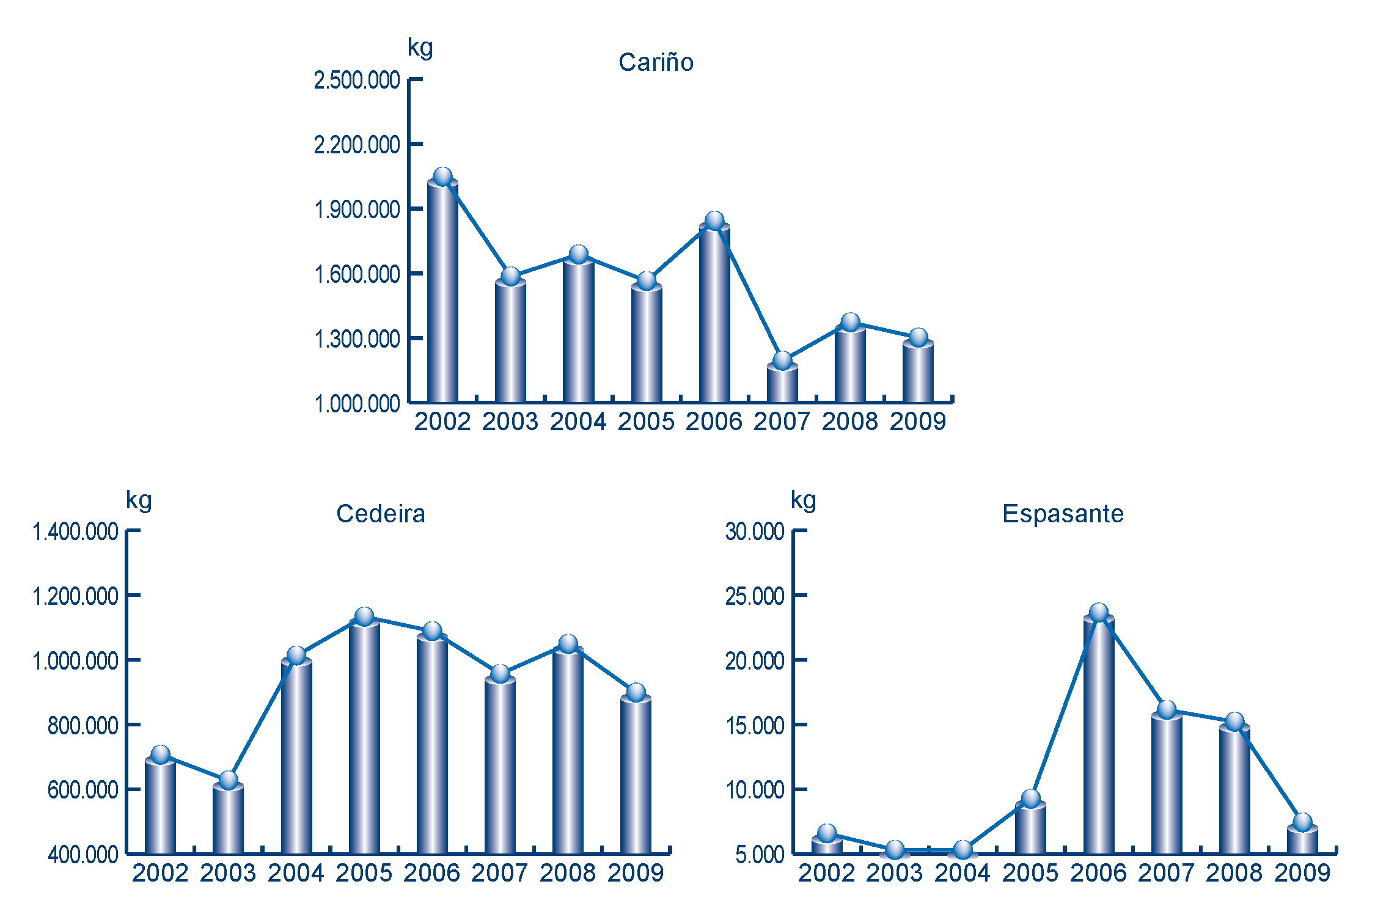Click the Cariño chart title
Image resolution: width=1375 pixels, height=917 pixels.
(656, 62)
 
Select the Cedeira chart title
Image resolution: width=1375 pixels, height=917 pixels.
(380, 514)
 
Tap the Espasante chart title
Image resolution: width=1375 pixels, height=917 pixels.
(1063, 514)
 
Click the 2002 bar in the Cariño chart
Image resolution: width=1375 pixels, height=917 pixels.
(442, 293)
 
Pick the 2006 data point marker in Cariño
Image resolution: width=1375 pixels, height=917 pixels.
(714, 221)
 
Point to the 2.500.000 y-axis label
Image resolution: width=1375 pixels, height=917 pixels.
(357, 81)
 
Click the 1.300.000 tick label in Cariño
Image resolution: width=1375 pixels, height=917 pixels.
(357, 339)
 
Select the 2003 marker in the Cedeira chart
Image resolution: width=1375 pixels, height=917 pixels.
(229, 780)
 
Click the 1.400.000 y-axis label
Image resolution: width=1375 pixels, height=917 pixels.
(75, 532)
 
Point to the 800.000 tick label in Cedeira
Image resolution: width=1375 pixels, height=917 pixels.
(83, 726)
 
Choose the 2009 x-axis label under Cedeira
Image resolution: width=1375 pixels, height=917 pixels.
(636, 873)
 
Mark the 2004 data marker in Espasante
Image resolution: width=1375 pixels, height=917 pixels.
(963, 850)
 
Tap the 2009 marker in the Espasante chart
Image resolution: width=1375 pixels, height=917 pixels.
(1302, 822)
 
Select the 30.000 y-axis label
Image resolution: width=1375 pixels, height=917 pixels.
(755, 532)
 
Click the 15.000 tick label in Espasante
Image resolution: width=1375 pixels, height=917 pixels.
(755, 726)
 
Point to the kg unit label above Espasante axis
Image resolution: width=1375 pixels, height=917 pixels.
(803, 501)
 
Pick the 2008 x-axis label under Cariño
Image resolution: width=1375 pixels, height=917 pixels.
(850, 422)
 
